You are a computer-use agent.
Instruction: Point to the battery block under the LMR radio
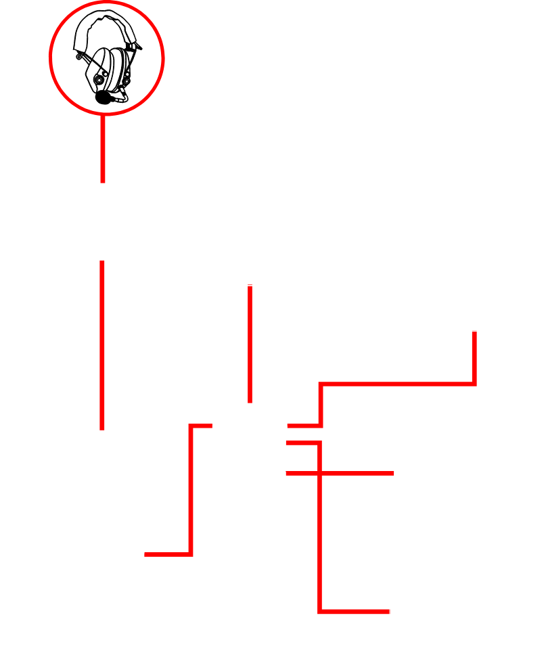pos(114,633)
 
